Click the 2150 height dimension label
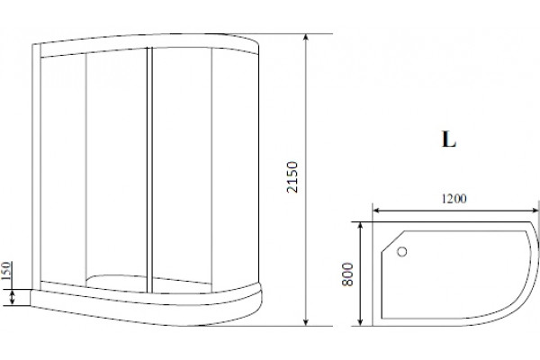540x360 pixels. point(292,177)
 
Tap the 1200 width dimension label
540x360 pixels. point(454,198)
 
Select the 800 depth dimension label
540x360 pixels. point(347,274)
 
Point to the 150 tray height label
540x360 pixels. point(6,271)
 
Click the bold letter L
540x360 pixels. point(449,139)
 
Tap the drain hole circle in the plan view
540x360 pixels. point(402,252)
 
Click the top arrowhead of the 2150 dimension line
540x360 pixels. point(306,38)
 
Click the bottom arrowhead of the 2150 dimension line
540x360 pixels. point(306,321)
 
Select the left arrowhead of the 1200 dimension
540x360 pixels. point(377,210)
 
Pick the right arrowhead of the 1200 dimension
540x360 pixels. point(534,210)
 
